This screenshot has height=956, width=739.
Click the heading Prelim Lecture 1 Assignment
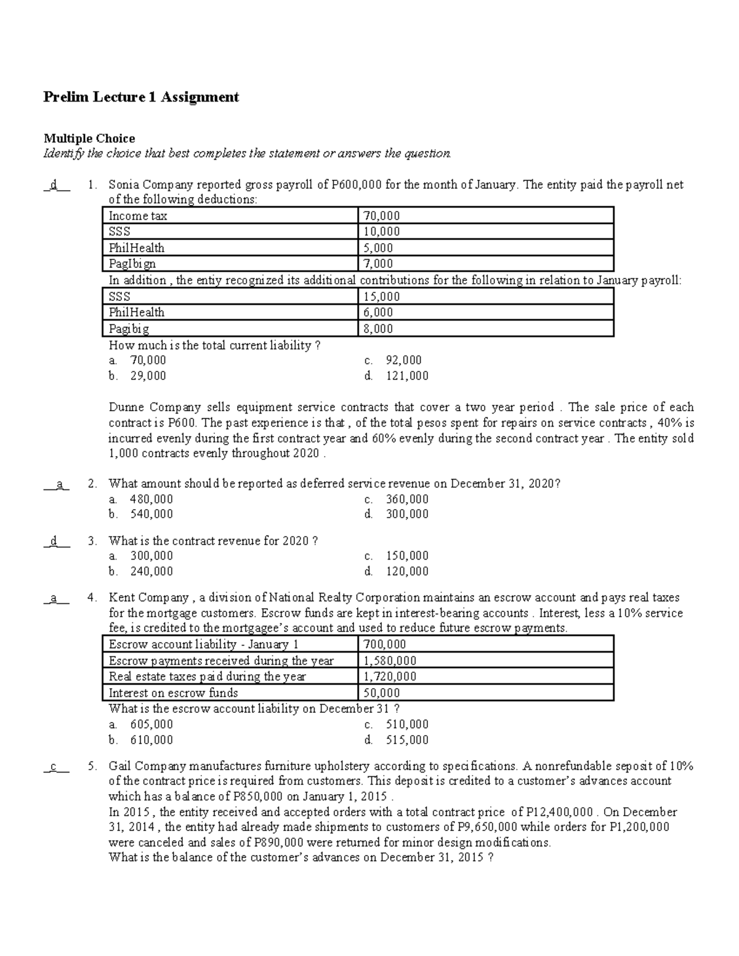140,97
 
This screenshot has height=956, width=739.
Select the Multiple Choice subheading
89,139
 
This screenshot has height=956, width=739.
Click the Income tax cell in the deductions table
138,215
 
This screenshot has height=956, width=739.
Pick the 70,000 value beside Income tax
381,215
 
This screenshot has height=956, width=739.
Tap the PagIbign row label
132,263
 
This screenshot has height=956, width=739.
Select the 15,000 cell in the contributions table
381,296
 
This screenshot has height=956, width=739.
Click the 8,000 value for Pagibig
378,328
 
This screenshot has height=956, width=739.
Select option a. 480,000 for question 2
140,499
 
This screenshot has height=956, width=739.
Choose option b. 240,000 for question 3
140,571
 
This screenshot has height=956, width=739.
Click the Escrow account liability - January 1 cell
203,645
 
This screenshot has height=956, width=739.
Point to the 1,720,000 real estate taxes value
390,676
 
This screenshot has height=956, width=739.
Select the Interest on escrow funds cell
173,693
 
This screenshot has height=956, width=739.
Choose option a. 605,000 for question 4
140,724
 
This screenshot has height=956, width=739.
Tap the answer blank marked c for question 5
56,766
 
